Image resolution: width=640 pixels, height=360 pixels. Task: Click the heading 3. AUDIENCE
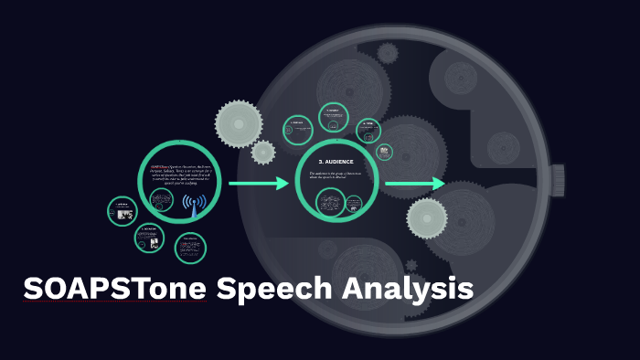pos(336,162)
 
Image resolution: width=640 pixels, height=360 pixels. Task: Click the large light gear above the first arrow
pos(239,122)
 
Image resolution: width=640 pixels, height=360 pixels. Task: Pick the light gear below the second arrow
pos(427,217)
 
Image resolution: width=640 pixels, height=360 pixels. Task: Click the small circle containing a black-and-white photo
pos(122,211)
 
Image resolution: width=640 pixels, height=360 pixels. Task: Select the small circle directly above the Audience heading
pos(333,117)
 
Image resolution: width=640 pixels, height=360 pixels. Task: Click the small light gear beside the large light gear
pos(263,152)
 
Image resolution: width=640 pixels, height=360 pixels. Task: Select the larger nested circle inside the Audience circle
pos(352,208)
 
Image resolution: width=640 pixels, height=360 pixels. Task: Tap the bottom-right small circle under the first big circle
pos(190,248)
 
